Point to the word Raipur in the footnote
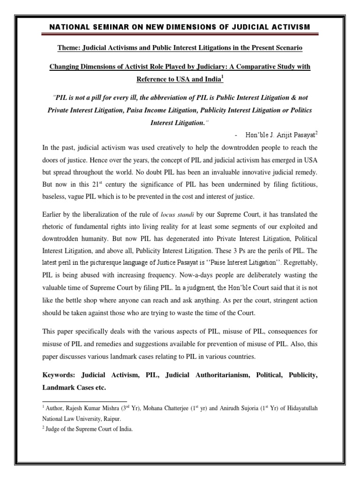(x=123, y=418)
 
